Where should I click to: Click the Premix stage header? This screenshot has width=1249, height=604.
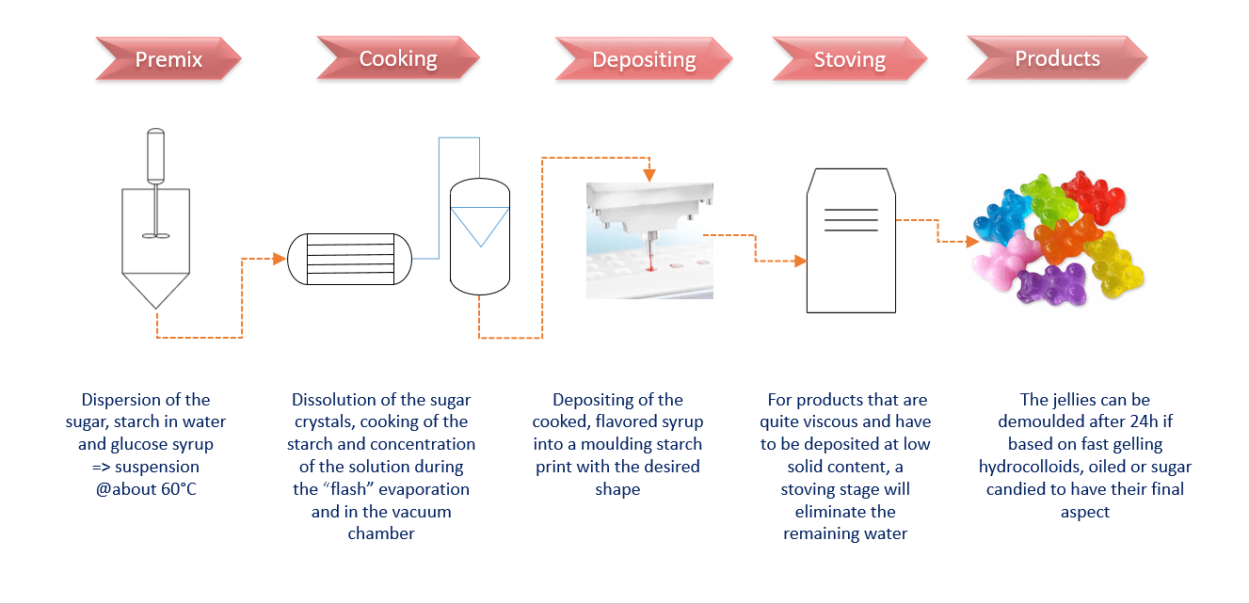click(x=169, y=59)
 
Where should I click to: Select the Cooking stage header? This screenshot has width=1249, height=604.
click(x=398, y=58)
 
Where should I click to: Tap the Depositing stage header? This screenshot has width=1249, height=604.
click(x=644, y=60)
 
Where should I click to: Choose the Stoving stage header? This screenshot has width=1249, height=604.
click(x=849, y=60)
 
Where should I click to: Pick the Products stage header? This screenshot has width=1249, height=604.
click(x=1057, y=58)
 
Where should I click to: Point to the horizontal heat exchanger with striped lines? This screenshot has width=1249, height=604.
click(x=349, y=257)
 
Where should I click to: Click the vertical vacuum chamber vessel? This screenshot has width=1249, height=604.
click(x=479, y=235)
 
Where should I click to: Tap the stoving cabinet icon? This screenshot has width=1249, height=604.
click(x=850, y=241)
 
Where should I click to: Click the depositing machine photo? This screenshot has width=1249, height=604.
click(x=649, y=241)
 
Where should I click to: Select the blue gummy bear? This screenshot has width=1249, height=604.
click(x=1005, y=217)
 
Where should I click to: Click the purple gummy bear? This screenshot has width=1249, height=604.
click(x=1051, y=289)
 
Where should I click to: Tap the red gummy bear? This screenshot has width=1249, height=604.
click(x=1094, y=197)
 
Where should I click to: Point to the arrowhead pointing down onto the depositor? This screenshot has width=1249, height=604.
click(x=649, y=175)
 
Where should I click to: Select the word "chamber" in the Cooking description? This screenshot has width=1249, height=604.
click(x=381, y=533)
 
